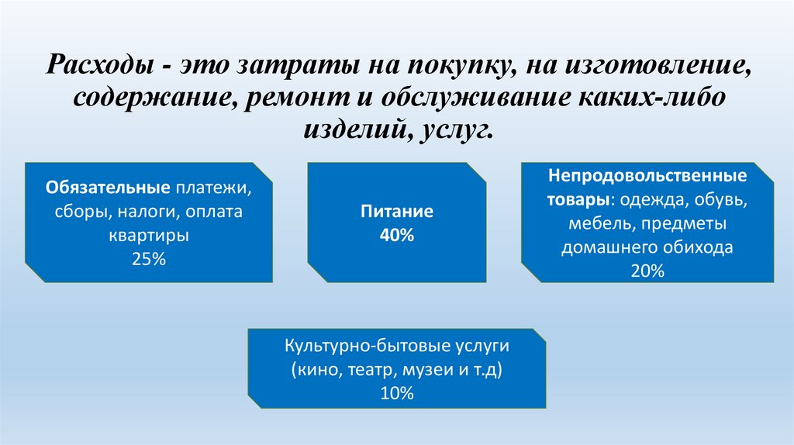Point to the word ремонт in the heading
click(x=303, y=98)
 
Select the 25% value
click(x=149, y=260)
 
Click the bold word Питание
click(x=396, y=212)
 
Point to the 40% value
click(x=396, y=236)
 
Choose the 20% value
click(x=647, y=271)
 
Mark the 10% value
click(x=396, y=393)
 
